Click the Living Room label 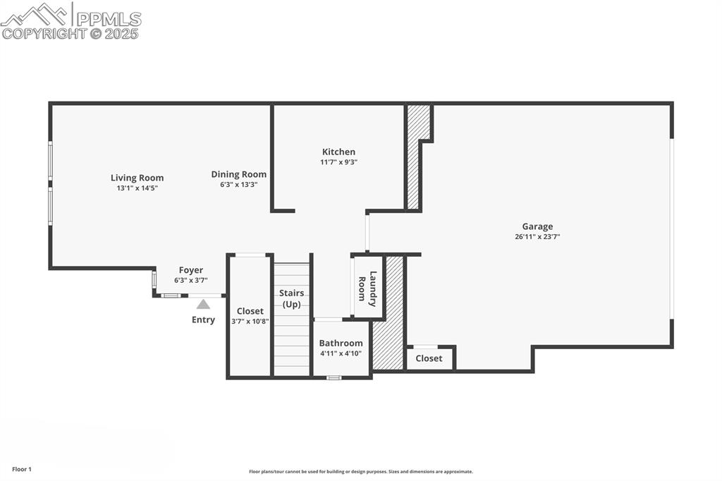137,178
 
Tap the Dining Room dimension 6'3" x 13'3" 239,185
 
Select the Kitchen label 338,152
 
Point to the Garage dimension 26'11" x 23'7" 537,237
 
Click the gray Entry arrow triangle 203,305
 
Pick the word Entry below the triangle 203,320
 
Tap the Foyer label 190,270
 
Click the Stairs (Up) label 292,298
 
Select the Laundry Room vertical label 367,288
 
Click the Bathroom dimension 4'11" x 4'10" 341,353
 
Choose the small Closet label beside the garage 429,358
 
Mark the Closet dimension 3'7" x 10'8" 250,321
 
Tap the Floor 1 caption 22,469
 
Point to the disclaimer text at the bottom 360,472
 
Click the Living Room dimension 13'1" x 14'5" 137,188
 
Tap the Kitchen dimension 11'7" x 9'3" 338,162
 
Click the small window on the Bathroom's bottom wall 334,377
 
